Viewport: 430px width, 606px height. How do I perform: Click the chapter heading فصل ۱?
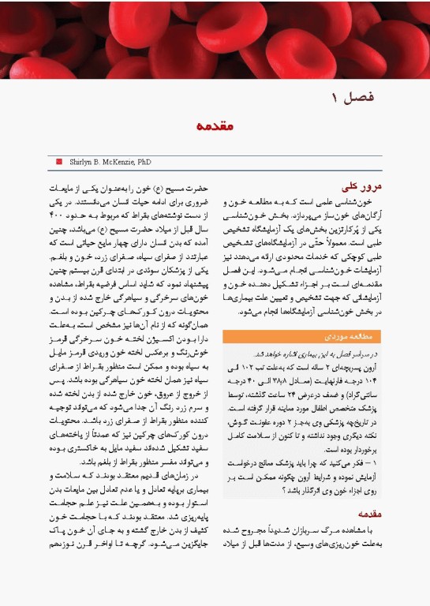(x=352, y=98)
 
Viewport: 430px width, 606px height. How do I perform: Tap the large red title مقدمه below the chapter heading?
(x=215, y=125)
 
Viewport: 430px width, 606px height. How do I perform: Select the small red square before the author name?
(x=58, y=161)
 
